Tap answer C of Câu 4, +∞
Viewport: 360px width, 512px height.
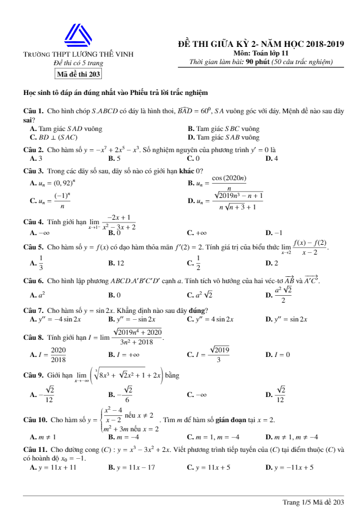[196, 233]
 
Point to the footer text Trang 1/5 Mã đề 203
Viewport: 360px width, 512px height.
[313, 502]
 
